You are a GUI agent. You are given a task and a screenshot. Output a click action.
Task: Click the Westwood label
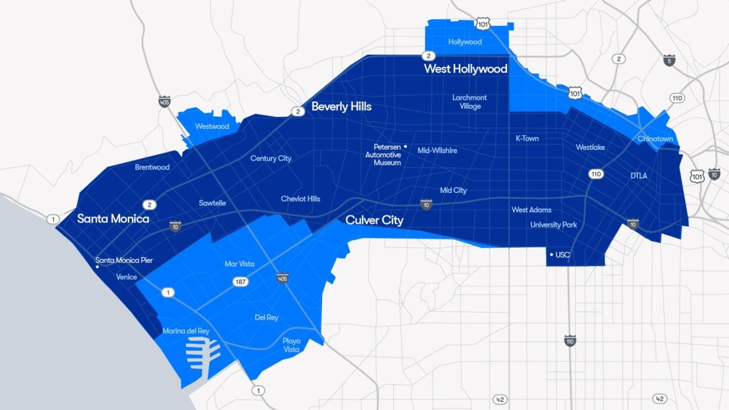coord(212,127)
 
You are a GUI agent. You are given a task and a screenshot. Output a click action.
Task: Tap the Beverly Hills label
coord(341,107)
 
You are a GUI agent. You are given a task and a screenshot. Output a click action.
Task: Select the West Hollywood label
coord(465,69)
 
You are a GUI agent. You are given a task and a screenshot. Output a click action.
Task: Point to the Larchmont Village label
coord(470,102)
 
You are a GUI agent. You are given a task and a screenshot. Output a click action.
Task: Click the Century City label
coord(271,158)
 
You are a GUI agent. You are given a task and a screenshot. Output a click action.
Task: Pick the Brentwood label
coord(152,167)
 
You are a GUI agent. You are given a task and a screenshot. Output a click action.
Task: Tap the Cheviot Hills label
coord(301,199)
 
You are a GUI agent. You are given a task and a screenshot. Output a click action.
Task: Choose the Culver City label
coord(374,220)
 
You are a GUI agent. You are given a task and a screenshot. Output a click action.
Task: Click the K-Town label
coord(527,138)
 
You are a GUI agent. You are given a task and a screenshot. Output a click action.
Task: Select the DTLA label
coord(639,176)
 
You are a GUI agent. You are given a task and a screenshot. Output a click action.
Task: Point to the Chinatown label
coord(655,139)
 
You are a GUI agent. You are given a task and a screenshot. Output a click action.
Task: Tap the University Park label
coord(553,225)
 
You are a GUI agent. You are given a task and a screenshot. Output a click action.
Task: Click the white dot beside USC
coord(551,255)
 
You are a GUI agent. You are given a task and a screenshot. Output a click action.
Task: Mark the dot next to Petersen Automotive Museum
coord(406,147)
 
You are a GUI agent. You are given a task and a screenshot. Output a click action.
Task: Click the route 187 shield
coord(241,281)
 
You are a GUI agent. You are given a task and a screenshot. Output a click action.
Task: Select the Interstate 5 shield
coord(669,60)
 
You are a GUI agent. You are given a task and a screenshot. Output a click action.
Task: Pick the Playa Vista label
coord(292,345)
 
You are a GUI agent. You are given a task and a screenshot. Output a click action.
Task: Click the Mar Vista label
coord(239,264)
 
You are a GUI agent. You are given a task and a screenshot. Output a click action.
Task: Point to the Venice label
coord(127,277)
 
